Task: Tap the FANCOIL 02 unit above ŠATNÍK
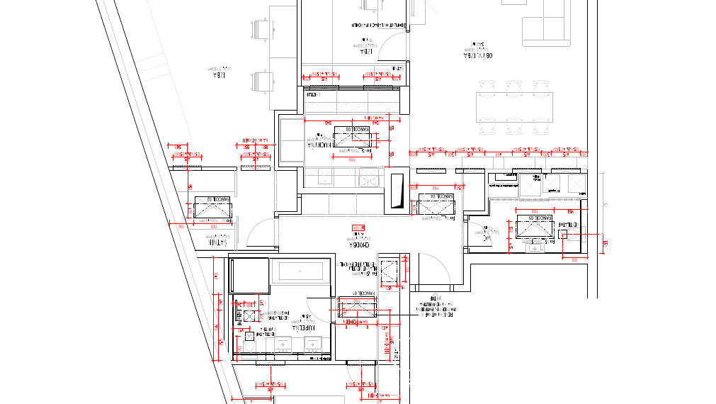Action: tap(213, 210)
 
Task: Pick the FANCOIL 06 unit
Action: tap(436, 206)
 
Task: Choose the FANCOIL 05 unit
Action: tap(535, 228)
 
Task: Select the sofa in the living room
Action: tap(547, 21)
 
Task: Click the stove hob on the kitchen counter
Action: tap(369, 178)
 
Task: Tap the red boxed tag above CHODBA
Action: tap(358, 228)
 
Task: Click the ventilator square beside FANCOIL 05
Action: tap(564, 234)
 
